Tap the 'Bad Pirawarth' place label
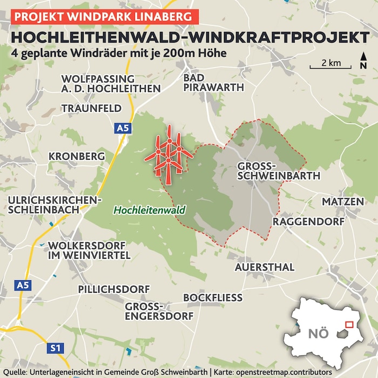tap(213, 83)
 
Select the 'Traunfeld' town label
tap(91, 108)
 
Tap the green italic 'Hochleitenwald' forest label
tap(149, 210)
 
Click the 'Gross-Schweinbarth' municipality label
tap(279, 170)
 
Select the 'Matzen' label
tap(343, 201)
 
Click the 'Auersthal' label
tap(264, 267)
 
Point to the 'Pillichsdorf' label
tap(113, 289)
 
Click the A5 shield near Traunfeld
tap(123, 129)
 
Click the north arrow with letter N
tap(363, 60)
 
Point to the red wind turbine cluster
tap(168, 154)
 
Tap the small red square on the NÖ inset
tap(349, 325)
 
